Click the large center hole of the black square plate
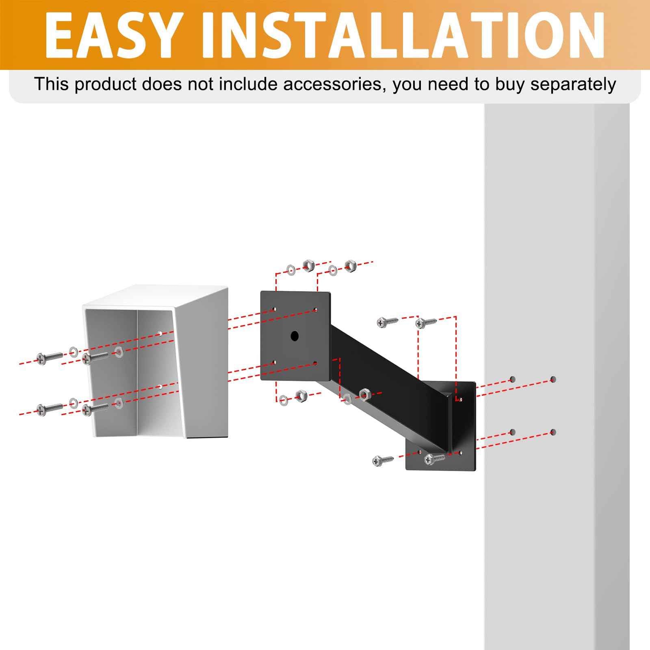point(295,336)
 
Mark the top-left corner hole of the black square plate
point(274,309)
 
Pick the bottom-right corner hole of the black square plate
point(315,363)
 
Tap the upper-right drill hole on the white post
point(553,379)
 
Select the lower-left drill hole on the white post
point(512,432)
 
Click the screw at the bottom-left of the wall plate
point(382,460)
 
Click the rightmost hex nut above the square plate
point(349,266)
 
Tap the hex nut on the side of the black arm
point(364,393)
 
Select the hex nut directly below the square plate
point(300,395)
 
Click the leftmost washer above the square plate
point(291,270)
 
